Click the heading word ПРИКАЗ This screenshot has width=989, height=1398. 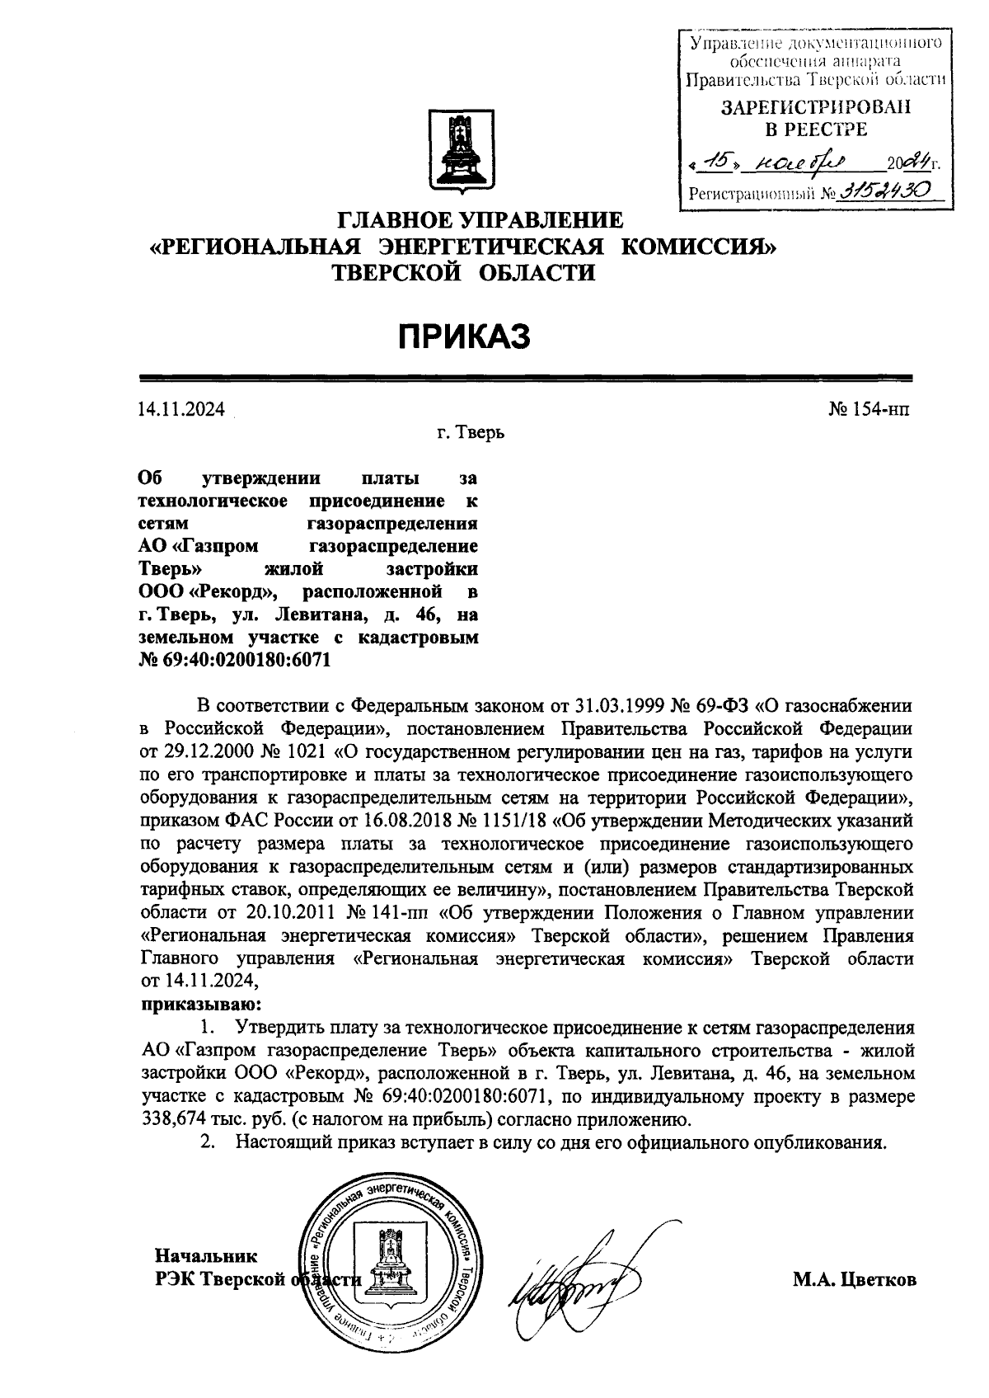click(x=463, y=337)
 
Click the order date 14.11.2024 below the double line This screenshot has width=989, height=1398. click(x=182, y=410)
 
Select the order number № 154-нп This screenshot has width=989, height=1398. click(x=869, y=410)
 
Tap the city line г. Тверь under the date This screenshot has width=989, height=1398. click(x=471, y=432)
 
